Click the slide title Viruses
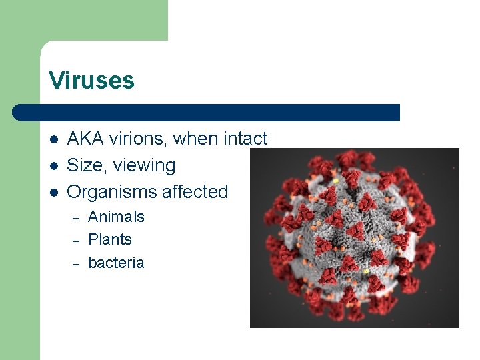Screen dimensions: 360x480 tap(91, 81)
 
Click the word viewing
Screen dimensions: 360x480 tap(145, 166)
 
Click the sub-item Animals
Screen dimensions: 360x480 tap(116, 217)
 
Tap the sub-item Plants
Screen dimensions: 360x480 tap(110, 239)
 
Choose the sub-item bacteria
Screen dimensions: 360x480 tap(116, 263)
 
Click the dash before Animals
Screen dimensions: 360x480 tap(76, 218)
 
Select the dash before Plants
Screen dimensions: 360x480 tap(76, 241)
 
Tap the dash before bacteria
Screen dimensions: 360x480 tap(76, 264)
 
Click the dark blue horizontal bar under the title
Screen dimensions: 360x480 tap(207, 113)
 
